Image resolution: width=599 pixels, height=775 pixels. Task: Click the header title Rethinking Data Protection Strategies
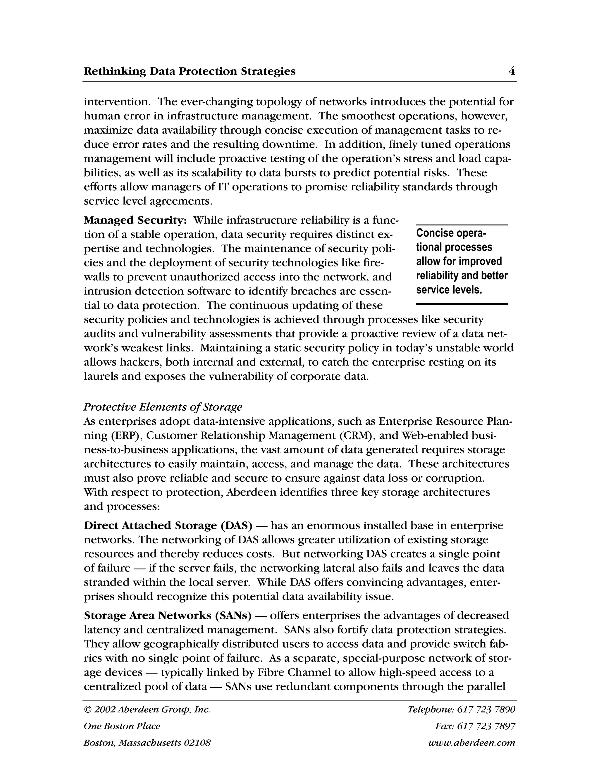tap(190, 71)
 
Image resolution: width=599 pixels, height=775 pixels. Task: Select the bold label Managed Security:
tap(135, 221)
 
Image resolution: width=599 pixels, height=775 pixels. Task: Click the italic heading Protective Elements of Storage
tap(163, 407)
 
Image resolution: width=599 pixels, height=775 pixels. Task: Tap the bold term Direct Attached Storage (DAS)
tap(168, 526)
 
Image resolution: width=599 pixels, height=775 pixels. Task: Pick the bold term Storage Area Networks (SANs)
tap(168, 615)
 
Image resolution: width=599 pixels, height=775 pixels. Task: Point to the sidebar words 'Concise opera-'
tap(451, 233)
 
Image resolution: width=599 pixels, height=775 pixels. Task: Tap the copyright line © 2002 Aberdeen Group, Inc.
tap(147, 709)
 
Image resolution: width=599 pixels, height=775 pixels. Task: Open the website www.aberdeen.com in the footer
tap(471, 743)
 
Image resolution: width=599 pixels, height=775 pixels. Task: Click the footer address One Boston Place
tap(122, 726)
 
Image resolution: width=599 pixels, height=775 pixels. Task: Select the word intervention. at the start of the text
tap(118, 102)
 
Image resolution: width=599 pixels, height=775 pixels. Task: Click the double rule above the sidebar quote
tap(462, 225)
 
